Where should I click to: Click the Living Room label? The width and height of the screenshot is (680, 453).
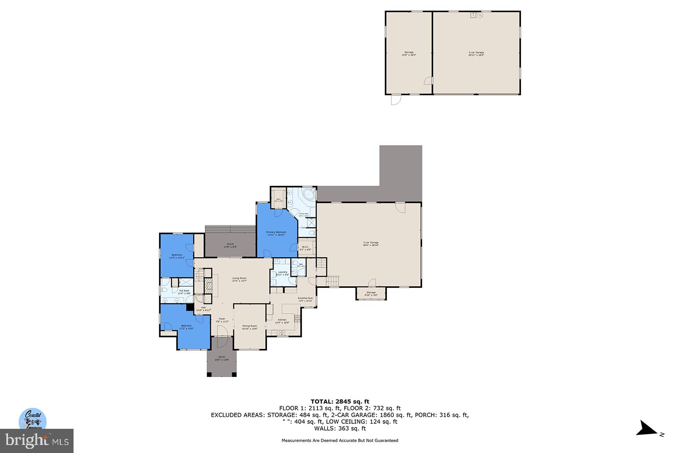click(x=239, y=279)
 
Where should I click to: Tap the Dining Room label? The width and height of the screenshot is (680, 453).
click(x=249, y=327)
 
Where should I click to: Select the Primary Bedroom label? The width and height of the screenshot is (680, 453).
click(x=276, y=233)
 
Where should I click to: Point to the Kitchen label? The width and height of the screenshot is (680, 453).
click(x=282, y=321)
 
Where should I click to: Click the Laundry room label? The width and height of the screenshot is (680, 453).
click(x=283, y=273)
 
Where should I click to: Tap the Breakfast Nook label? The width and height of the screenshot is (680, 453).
click(x=305, y=299)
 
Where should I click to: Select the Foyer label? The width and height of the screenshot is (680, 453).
click(x=222, y=320)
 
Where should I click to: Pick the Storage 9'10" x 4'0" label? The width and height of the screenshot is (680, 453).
click(x=371, y=293)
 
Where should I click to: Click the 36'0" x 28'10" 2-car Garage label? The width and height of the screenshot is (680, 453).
click(x=371, y=244)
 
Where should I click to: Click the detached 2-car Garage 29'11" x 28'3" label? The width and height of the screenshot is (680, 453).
click(x=476, y=53)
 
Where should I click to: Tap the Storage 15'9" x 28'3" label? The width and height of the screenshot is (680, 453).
click(x=409, y=53)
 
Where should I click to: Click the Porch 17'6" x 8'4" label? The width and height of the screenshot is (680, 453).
click(x=230, y=245)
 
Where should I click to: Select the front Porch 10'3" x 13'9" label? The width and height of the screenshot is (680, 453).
click(x=221, y=358)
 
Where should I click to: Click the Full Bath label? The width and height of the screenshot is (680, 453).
click(x=184, y=292)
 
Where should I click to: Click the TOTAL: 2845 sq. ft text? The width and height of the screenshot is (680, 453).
click(x=340, y=402)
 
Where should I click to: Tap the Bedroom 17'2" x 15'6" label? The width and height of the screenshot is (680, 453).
click(x=186, y=327)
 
